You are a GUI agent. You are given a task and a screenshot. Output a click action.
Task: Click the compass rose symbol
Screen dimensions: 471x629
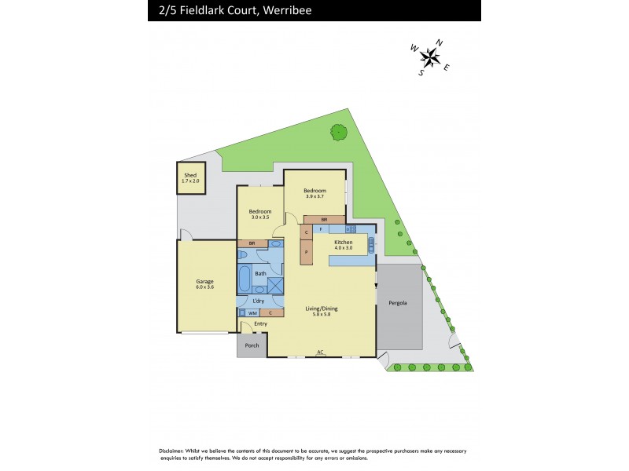click(430, 56)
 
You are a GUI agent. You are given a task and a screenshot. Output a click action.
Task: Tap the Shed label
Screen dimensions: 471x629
click(189, 175)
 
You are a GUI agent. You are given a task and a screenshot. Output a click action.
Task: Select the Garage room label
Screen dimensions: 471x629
click(204, 281)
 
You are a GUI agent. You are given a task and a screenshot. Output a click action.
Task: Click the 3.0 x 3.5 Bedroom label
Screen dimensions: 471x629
click(259, 212)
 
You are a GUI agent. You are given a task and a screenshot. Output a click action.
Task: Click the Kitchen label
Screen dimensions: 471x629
click(343, 243)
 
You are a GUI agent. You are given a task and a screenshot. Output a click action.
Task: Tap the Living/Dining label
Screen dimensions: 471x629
click(321, 309)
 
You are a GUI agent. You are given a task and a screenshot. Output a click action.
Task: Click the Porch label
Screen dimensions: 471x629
click(252, 345)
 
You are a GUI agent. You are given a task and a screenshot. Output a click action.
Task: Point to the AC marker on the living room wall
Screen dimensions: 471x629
click(320, 352)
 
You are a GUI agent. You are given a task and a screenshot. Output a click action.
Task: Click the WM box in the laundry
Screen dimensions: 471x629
click(252, 313)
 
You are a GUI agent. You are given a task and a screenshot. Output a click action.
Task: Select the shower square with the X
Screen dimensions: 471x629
click(275, 286)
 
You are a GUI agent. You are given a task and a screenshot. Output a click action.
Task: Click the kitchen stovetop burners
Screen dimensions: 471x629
click(351, 228)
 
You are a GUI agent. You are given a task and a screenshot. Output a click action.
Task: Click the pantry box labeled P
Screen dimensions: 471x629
click(306, 252)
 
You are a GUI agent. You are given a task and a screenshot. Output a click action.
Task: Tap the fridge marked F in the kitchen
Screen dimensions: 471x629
click(322, 228)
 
